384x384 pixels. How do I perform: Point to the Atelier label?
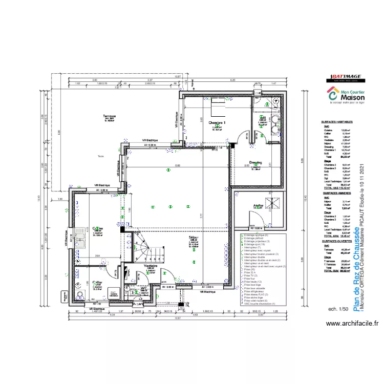(258, 206)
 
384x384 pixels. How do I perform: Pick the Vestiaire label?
(151, 266)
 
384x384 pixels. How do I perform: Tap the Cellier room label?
(97, 282)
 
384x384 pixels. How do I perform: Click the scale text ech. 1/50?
(338, 309)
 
